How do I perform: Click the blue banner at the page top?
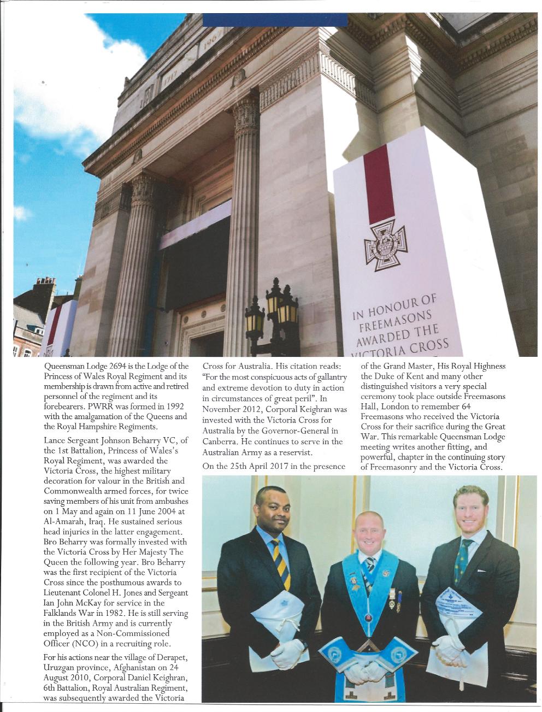click(275, 20)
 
